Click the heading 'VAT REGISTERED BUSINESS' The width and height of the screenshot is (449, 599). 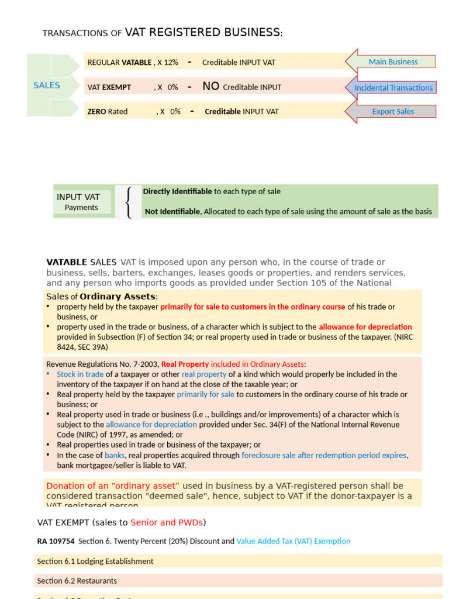coord(202,33)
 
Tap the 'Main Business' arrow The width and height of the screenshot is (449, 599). coord(392,62)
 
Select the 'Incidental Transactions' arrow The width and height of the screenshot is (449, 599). coord(392,88)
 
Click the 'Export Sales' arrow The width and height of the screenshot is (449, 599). coord(392,112)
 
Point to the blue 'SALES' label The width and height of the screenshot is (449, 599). coord(47,85)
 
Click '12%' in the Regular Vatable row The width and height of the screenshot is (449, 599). coord(171,63)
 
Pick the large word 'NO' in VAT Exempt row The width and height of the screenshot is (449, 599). coord(210,87)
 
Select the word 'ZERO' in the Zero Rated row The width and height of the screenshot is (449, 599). coord(97,112)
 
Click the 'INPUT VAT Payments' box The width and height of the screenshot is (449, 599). coord(82,202)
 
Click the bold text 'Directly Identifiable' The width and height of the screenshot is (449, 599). coord(177,192)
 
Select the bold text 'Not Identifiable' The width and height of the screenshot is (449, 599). coord(172,212)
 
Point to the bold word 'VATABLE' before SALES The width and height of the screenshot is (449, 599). coord(67,263)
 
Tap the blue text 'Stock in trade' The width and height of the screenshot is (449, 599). coord(80,374)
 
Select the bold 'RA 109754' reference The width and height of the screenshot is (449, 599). coord(56,542)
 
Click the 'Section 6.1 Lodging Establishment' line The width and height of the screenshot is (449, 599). coord(95,562)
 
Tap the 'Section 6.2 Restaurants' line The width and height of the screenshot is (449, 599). coord(77,581)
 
